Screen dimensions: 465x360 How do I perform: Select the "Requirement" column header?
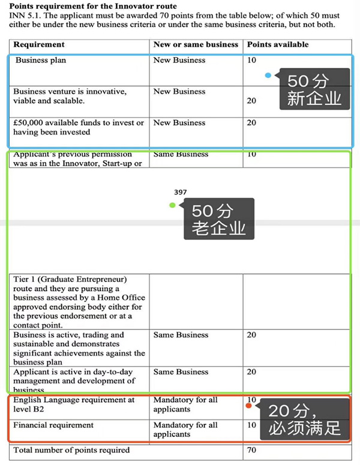39,44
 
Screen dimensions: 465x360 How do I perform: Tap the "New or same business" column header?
196,44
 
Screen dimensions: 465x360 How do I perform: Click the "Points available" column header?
278,44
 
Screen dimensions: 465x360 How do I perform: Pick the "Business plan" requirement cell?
41,60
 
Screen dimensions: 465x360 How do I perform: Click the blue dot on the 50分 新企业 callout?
268,76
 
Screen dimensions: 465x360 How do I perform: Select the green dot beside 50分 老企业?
172,205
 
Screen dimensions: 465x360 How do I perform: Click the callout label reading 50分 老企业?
218,220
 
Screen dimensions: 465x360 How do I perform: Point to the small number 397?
180,192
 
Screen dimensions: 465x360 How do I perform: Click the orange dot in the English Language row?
248,406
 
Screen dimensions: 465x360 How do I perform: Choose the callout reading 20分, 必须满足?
304,420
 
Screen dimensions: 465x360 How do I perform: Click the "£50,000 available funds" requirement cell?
79,127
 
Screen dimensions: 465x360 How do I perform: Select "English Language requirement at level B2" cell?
74,404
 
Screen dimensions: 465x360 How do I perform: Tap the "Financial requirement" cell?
54,425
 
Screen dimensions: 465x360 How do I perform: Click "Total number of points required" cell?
71,450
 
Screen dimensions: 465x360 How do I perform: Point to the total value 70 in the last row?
252,450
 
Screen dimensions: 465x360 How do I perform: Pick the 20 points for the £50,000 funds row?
251,122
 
